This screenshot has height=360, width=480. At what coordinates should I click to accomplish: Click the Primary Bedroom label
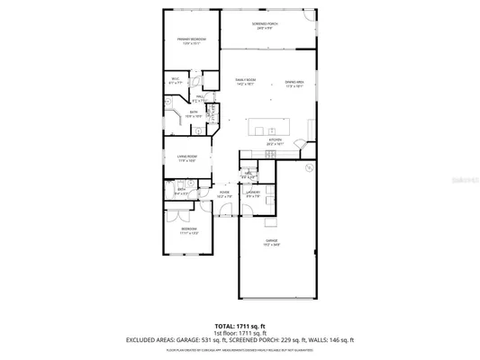[192, 40]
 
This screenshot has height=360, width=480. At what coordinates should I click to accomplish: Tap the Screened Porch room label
[264, 24]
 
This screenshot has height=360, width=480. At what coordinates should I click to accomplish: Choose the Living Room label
[187, 158]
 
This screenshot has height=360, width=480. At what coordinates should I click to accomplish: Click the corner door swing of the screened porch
[311, 16]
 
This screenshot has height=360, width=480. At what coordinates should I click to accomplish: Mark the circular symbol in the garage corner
[308, 167]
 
